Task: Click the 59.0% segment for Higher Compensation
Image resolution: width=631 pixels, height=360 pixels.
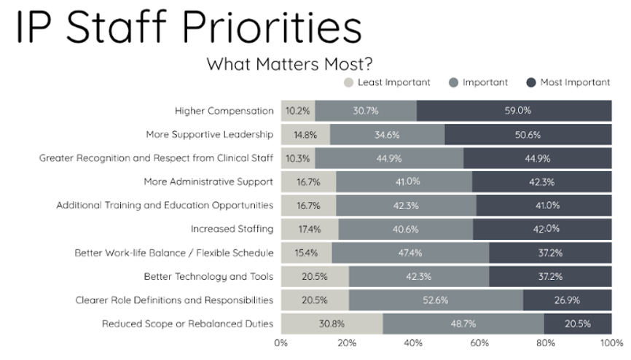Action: [x=514, y=111]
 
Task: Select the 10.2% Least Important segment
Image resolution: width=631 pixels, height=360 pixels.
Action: [x=298, y=111]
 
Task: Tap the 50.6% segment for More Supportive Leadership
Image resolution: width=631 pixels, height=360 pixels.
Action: [x=528, y=135]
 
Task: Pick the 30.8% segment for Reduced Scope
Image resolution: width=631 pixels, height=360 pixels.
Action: [x=332, y=324]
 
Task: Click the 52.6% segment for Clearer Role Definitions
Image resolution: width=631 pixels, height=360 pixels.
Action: [x=436, y=300]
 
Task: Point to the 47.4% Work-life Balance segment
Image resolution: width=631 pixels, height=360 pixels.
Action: [x=410, y=253]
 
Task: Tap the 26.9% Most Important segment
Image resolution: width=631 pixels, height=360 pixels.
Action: [x=567, y=300]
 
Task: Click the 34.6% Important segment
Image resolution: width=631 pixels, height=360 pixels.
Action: [x=387, y=135]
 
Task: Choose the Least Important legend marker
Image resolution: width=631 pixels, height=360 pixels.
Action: [x=348, y=82]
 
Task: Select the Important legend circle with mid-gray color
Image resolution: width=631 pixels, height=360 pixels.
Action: [x=453, y=82]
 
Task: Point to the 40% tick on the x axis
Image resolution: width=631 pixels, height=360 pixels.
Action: [x=413, y=342]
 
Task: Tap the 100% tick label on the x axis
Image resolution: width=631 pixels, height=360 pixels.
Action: [x=611, y=342]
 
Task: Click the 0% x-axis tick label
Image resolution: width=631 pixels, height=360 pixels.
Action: [x=281, y=342]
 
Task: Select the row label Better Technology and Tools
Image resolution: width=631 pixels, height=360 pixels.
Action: [x=208, y=276]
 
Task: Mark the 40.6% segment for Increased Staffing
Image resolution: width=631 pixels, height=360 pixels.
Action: [x=405, y=229]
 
